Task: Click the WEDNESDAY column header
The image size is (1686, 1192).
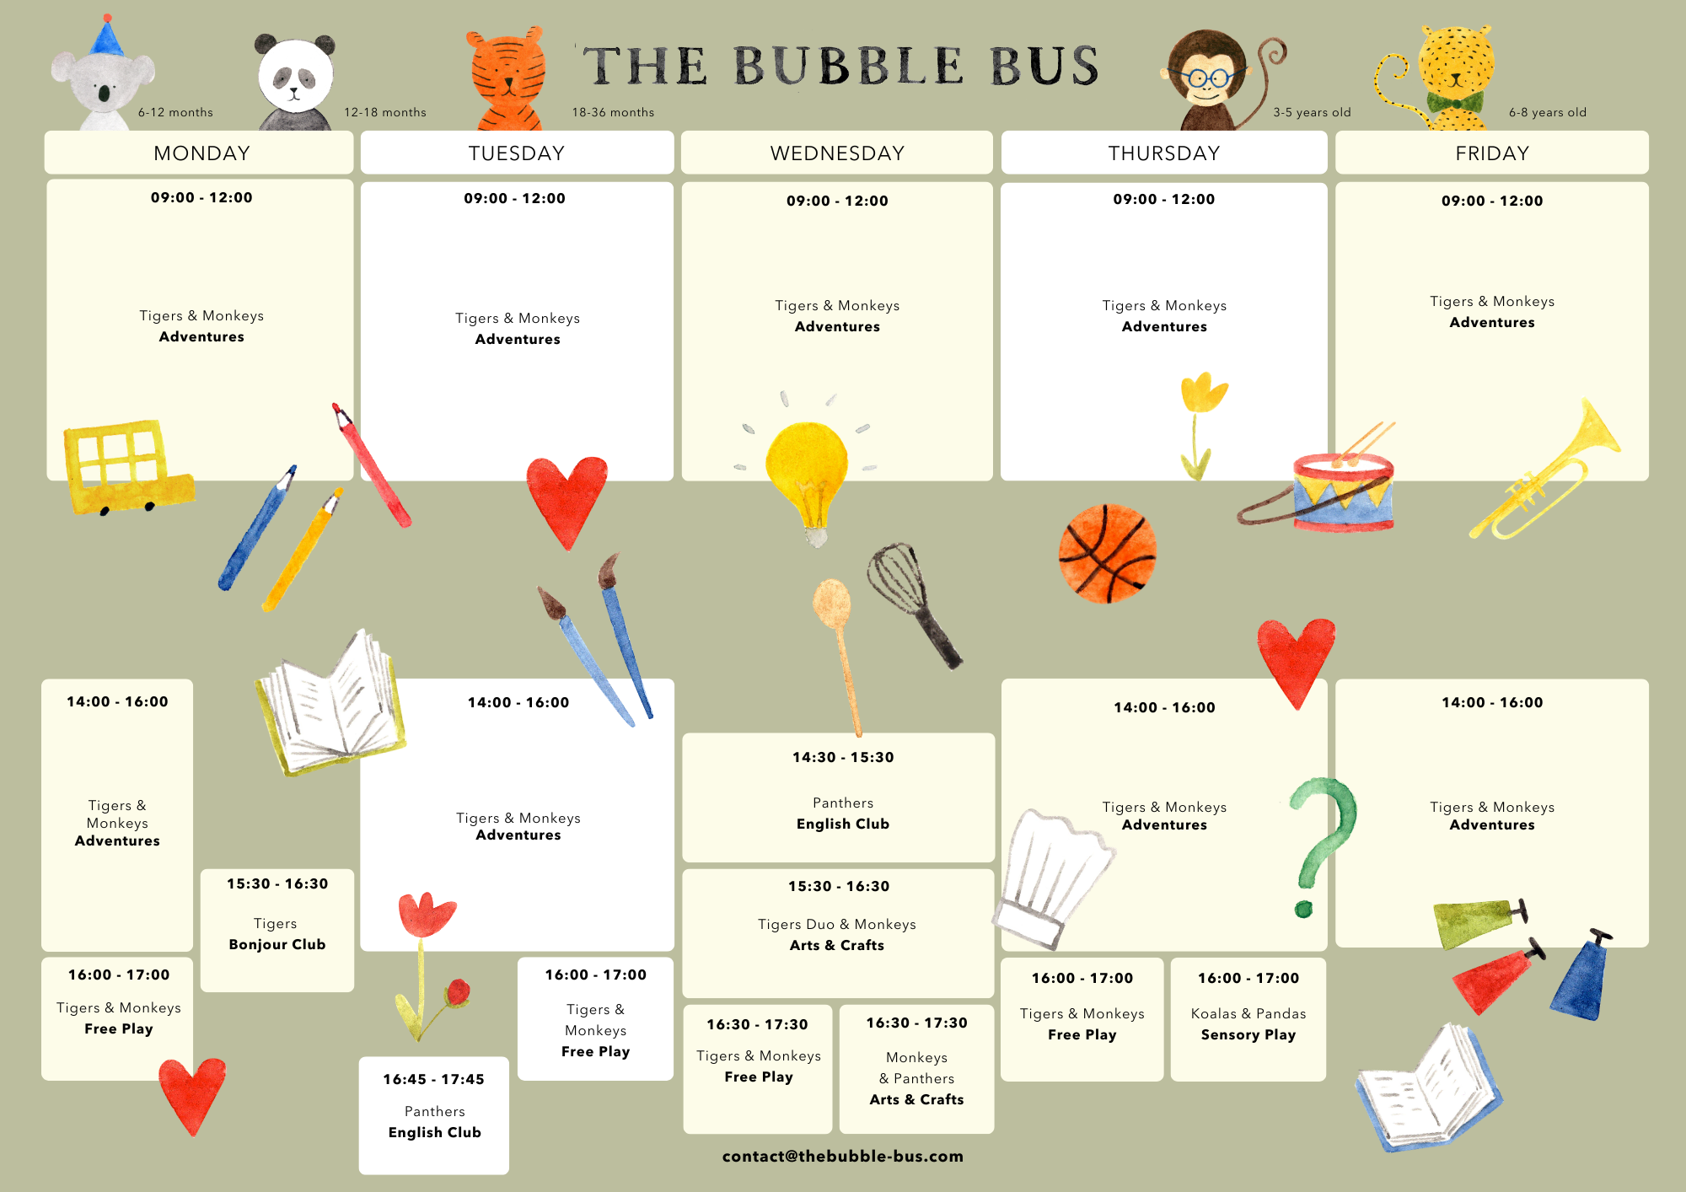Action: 837,153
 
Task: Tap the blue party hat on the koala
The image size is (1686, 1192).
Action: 106,38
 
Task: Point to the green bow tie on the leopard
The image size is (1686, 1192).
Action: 1455,104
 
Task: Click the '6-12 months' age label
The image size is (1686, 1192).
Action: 175,112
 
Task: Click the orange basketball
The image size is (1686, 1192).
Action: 1107,553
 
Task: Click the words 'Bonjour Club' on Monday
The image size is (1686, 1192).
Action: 277,945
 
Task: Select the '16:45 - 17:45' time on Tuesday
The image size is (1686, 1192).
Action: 433,1079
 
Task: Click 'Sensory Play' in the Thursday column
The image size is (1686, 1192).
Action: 1248,1034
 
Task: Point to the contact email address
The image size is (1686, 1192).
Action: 842,1157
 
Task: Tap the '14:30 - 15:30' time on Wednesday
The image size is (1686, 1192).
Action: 842,757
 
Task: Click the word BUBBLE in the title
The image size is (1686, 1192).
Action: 848,66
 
